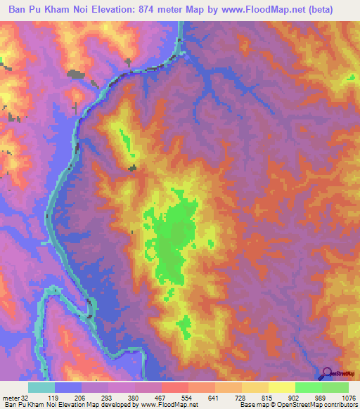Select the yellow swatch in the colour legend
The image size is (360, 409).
coord(281,387)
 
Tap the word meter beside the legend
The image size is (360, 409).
coord(11,397)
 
